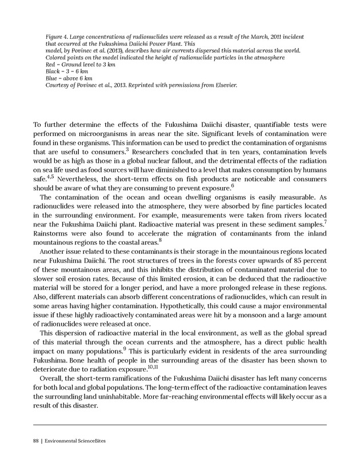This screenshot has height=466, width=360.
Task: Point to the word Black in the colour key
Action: (53, 71)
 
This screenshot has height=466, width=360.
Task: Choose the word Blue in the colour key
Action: (51, 78)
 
